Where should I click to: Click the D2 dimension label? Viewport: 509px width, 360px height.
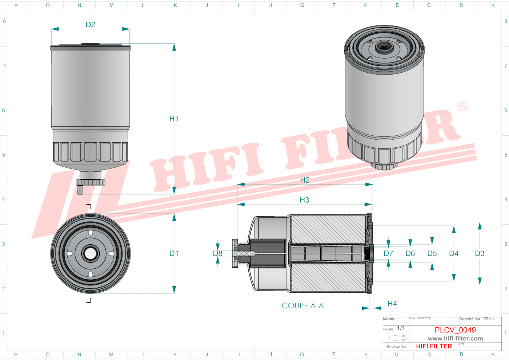pos(90,25)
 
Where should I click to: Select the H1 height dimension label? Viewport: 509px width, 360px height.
pos(174,119)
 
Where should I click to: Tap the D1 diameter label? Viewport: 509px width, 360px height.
pos(174,253)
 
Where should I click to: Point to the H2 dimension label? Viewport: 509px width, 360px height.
pos(305,180)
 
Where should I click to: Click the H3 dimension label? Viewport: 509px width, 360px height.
pos(304,200)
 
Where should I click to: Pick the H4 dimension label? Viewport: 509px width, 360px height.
pos(392,304)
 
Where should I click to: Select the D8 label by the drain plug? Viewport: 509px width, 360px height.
pos(217,253)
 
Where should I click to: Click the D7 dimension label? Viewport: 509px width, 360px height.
pos(388,253)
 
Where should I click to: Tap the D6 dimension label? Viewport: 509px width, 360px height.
pos(410,253)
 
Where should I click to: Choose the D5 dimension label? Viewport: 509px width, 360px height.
pos(432,253)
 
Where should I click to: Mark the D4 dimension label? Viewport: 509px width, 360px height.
pos(454,253)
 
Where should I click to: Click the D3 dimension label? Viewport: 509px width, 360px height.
pos(480,253)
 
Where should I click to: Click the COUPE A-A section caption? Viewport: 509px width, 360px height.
pos(302,305)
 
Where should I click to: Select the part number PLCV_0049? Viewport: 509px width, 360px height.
pos(455,330)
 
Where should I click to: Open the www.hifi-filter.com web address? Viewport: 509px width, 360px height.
pos(455,339)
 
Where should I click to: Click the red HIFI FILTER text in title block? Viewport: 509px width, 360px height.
pos(434,346)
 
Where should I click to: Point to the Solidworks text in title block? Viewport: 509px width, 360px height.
pos(396,347)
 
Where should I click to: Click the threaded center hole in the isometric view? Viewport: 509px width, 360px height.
pos(383,47)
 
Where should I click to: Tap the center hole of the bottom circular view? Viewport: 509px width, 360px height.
pos(90,253)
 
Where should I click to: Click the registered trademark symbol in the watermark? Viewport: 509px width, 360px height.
pos(462,107)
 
